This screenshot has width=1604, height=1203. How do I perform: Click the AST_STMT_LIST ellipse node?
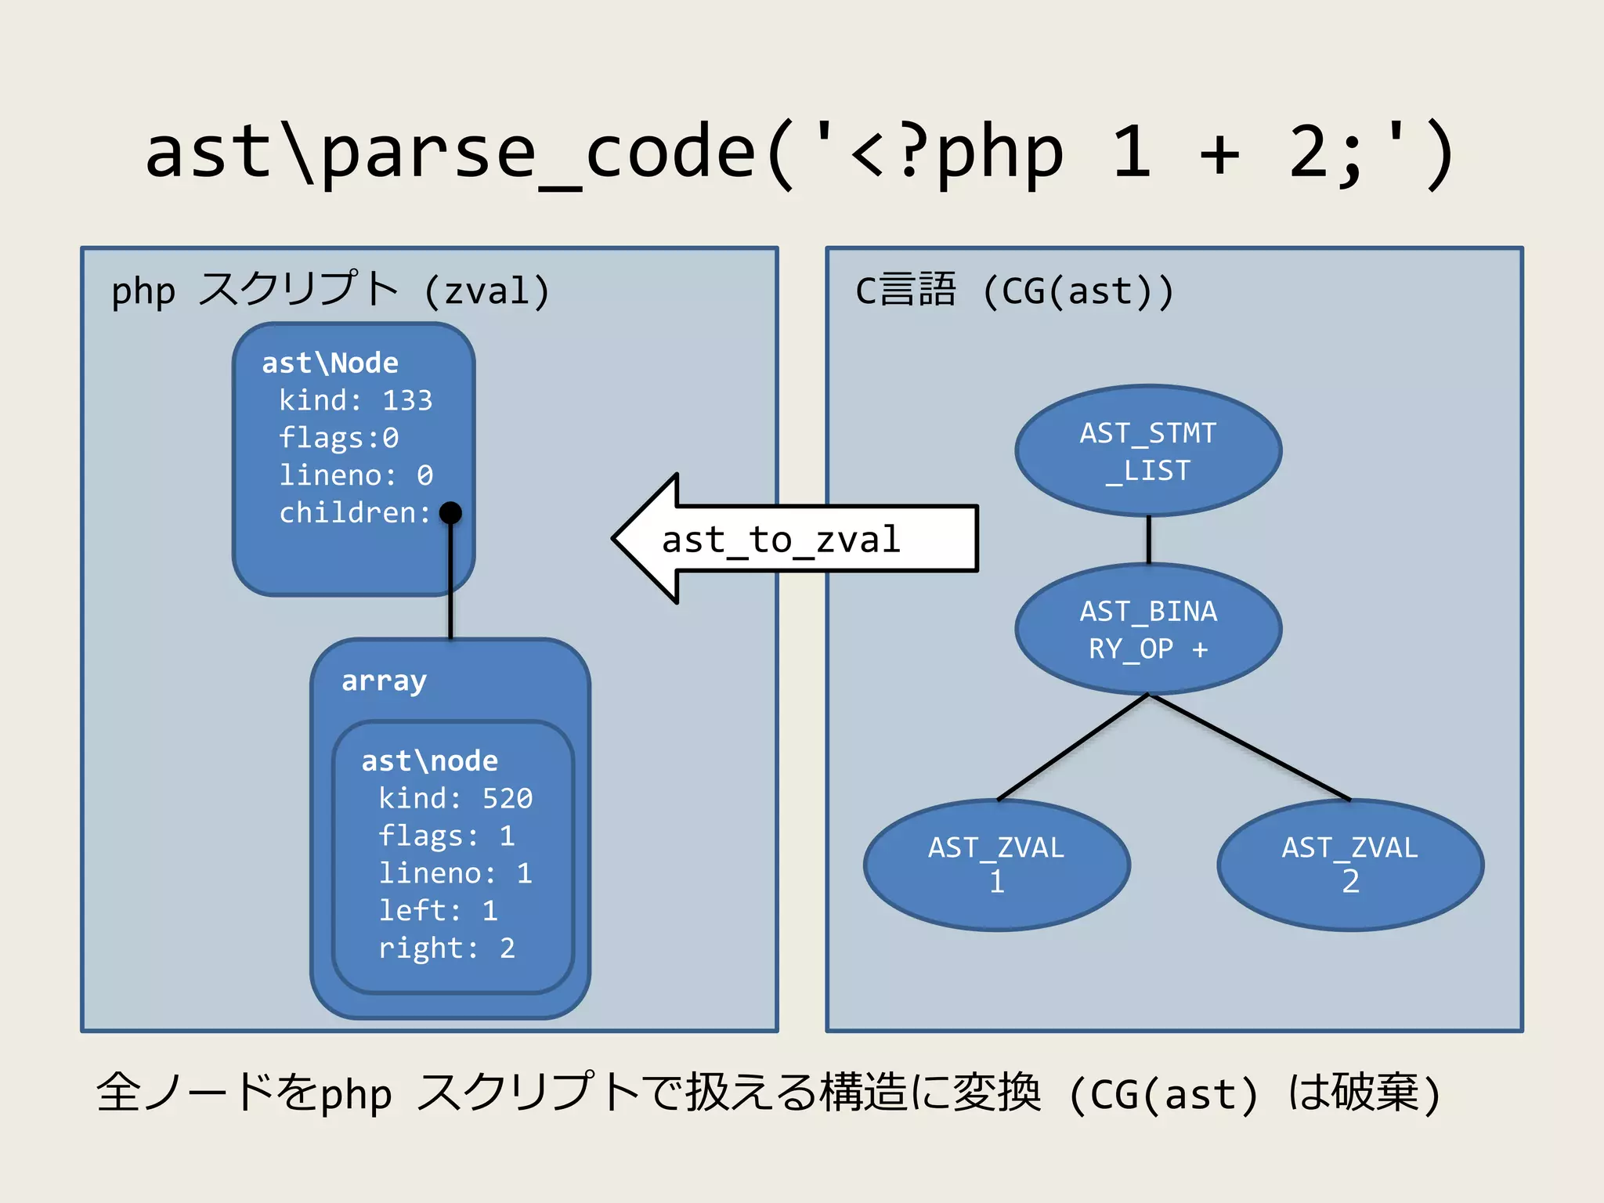1148,450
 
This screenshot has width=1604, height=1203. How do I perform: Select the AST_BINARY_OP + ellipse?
1148,629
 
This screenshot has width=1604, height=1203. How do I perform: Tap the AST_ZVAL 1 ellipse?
996,865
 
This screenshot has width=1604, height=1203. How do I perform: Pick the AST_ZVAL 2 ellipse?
1350,865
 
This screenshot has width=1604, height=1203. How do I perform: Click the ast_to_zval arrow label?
781,540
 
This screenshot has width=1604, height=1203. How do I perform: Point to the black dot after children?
450,513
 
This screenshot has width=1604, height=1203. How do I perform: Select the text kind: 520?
455,798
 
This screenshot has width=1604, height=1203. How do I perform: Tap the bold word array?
384,681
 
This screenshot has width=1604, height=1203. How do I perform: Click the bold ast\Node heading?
330,363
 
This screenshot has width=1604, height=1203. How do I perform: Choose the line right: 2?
446,948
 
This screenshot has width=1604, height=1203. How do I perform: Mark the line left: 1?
438,911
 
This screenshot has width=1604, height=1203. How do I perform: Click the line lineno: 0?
356,475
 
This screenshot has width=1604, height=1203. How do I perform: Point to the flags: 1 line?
446,836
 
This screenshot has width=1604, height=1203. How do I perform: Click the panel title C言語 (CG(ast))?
1013,291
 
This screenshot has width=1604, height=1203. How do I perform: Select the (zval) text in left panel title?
486,291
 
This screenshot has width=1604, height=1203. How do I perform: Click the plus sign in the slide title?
1219,153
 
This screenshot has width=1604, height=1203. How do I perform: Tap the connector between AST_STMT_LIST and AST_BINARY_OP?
1148,540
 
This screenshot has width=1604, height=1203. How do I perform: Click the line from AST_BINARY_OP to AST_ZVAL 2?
1250,747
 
